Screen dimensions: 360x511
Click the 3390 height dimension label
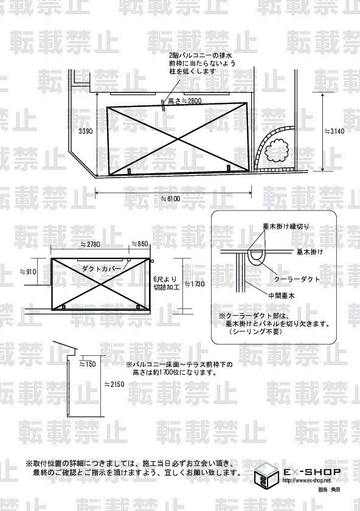coord(86,131)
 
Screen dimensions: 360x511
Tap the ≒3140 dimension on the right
coord(334,131)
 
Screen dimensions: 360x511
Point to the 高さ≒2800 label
coord(184,101)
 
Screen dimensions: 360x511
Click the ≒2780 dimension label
coord(90,244)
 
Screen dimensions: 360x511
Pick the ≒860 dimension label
coord(139,244)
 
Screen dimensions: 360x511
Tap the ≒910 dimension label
coord(29,271)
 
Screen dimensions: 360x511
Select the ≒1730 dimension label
coord(195,284)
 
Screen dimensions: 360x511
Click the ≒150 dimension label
coord(88,364)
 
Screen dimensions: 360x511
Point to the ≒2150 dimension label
coord(114,384)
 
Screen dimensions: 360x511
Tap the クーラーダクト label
coord(297,279)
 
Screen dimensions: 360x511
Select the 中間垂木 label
coord(282,296)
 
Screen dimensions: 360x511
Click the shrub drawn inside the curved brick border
coord(276,150)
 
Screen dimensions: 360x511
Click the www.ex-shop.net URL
coord(306,481)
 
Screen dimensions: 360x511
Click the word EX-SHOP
coord(312,471)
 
